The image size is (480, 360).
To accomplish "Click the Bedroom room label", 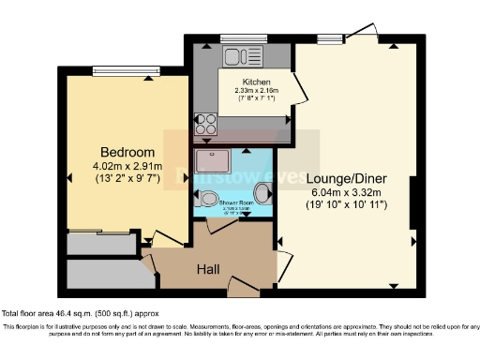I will point(127,153).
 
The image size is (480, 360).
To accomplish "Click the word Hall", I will point(208,269).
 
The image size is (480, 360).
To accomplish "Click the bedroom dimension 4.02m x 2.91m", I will point(127,167).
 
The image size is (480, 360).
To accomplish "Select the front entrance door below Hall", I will point(246,287).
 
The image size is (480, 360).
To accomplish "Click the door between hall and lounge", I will point(283,262).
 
